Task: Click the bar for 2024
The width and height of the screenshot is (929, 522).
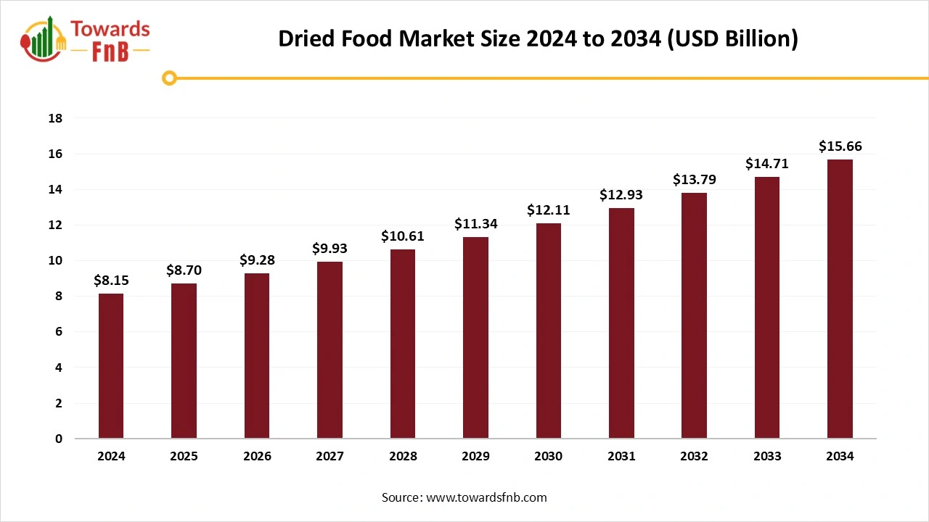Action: pyautogui.click(x=111, y=366)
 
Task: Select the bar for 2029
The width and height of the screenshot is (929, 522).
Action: pyautogui.click(x=475, y=338)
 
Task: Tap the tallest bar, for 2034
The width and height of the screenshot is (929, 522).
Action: pyautogui.click(x=840, y=299)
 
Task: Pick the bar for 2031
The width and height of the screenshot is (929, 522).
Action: pyautogui.click(x=621, y=323)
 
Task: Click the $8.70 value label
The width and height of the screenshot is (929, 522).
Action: pyautogui.click(x=184, y=270)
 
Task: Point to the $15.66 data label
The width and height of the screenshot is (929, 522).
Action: pyautogui.click(x=840, y=146)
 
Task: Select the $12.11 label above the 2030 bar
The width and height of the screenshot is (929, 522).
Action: pyautogui.click(x=548, y=210)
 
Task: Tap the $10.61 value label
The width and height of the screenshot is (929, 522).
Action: pyautogui.click(x=402, y=236)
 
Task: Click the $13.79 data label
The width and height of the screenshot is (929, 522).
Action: pyautogui.click(x=694, y=179)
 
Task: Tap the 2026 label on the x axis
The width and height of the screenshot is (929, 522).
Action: pyautogui.click(x=257, y=456)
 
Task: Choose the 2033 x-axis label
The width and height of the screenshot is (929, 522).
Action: pyautogui.click(x=767, y=456)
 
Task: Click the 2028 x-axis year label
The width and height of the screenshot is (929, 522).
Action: pyautogui.click(x=402, y=456)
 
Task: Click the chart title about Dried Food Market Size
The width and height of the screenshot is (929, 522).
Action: pyautogui.click(x=538, y=39)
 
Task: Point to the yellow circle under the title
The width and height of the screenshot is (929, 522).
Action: pyautogui.click(x=169, y=78)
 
